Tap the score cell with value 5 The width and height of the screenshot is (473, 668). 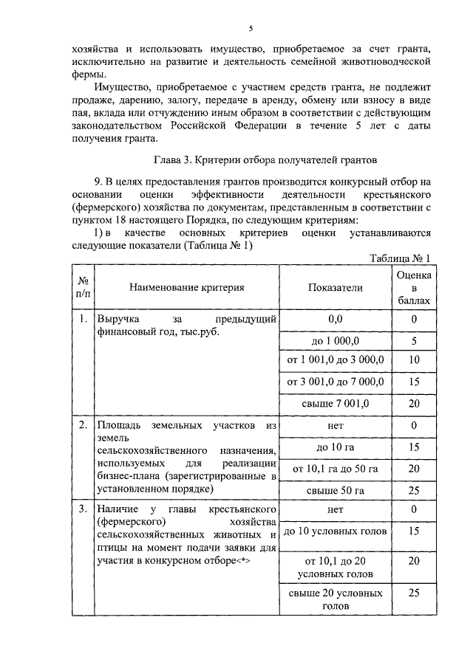click(414, 340)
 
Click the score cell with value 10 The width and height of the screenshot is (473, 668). click(414, 361)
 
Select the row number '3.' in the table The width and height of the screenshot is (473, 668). click(84, 509)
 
